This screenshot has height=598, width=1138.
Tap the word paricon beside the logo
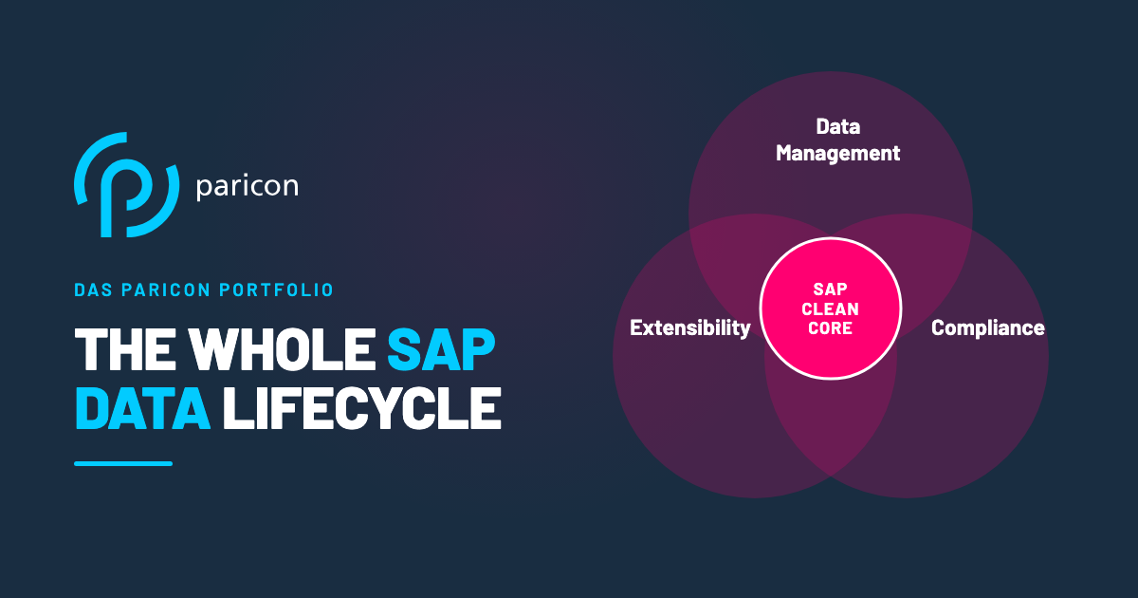click(x=247, y=187)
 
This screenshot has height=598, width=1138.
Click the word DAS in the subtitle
click(x=93, y=290)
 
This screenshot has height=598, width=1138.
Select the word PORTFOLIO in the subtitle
click(x=276, y=290)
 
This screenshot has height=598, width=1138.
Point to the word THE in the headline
click(x=125, y=349)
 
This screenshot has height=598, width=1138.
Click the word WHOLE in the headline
click(x=283, y=349)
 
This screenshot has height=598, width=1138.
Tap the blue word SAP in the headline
click(x=441, y=349)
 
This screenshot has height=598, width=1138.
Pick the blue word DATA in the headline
click(x=143, y=408)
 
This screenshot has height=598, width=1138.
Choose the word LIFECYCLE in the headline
click(x=361, y=408)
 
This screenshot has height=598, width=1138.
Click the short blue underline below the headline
click(x=123, y=463)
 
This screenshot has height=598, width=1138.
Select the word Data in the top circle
click(x=837, y=126)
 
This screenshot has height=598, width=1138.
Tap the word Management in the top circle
click(x=837, y=154)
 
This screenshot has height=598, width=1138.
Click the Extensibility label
click(x=690, y=328)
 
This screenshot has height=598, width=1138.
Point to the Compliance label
click(x=987, y=328)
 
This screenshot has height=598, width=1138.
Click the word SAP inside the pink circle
click(x=830, y=290)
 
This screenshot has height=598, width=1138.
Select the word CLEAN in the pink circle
click(x=830, y=308)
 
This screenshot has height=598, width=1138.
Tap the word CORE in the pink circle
click(x=830, y=328)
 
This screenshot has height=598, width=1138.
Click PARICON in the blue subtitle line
click(x=166, y=290)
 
